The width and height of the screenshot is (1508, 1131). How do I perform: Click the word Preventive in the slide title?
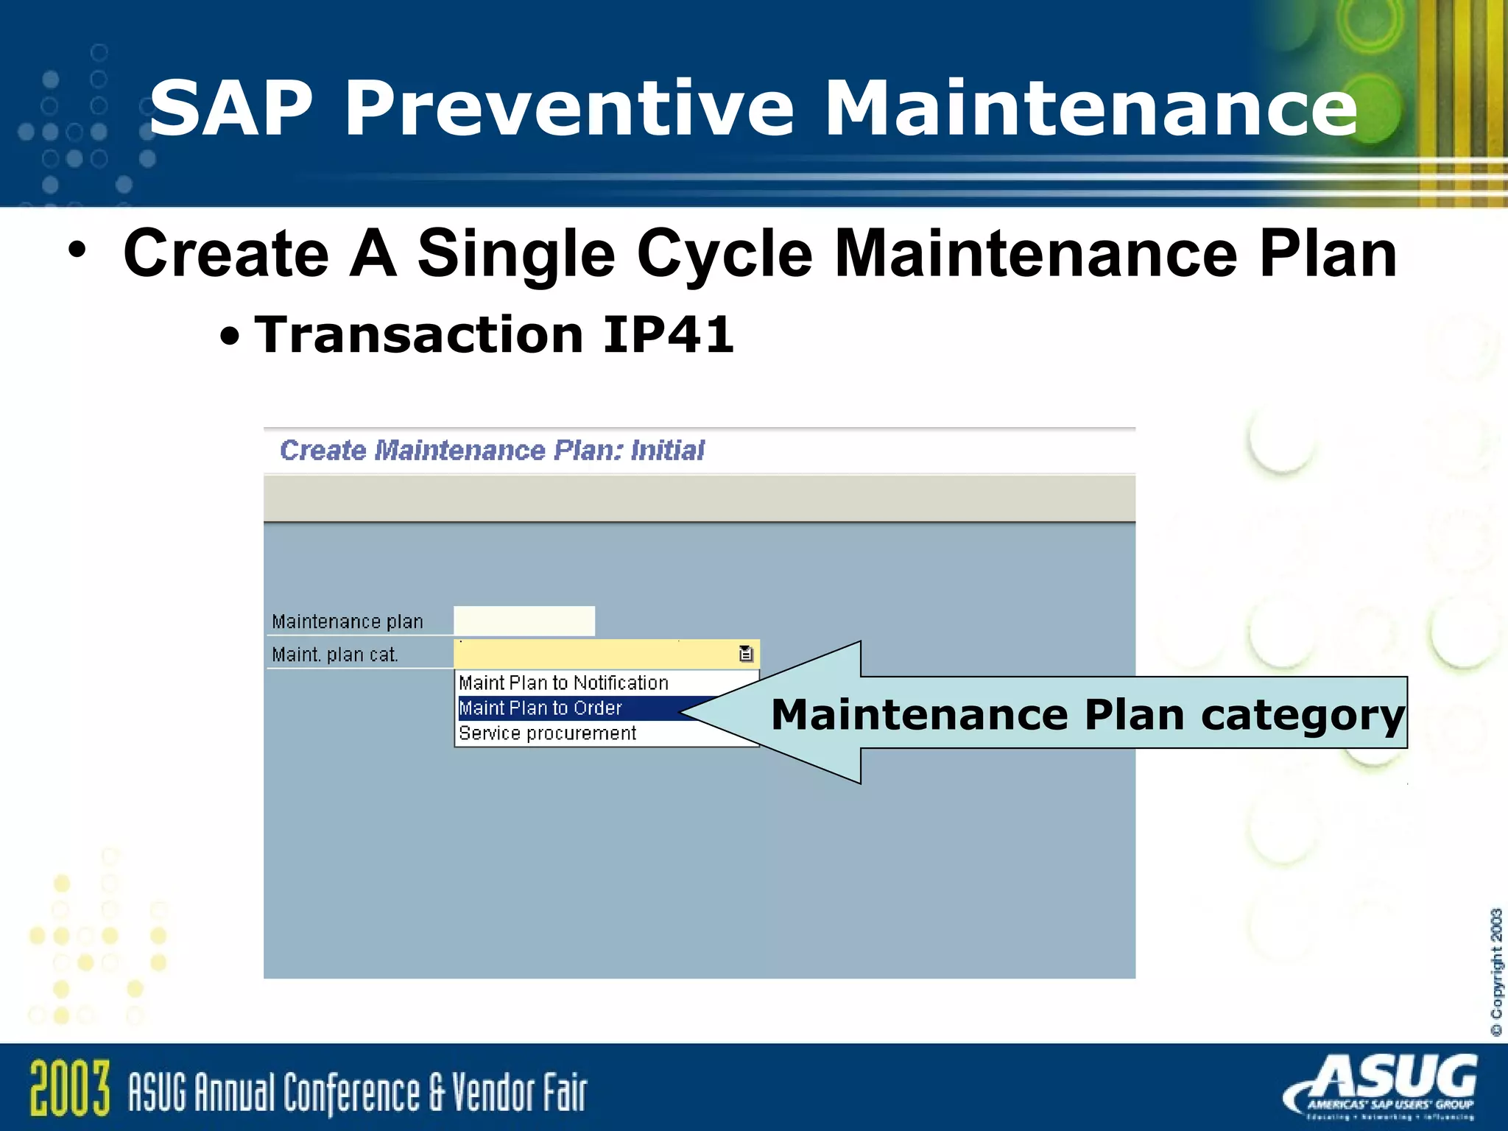pos(568,109)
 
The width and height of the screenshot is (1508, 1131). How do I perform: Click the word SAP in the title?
pos(232,109)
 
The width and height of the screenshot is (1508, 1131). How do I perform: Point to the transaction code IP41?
pos(668,335)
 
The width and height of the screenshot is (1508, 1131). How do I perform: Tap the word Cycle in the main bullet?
pos(725,254)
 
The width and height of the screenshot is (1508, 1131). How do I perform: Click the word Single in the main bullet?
pos(515,254)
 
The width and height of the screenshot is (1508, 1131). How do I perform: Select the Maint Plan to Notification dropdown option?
pos(563,683)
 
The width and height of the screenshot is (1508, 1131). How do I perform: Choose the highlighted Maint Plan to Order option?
pos(540,708)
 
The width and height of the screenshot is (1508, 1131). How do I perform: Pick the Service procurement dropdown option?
pos(547,733)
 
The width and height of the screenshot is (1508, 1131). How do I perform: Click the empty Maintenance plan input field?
pos(524,621)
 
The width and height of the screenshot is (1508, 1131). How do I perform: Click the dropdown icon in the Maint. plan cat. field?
pos(746,654)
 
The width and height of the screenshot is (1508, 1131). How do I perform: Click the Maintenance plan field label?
pos(348,622)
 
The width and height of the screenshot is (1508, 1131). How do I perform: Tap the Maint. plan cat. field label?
pos(335,655)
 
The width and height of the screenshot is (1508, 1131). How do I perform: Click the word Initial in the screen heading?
pos(667,450)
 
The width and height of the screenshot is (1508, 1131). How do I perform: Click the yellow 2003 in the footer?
pos(70,1088)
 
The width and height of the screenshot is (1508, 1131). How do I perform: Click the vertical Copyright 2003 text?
pos(1495,972)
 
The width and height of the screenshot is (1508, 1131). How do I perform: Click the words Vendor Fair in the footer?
pos(519,1093)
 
